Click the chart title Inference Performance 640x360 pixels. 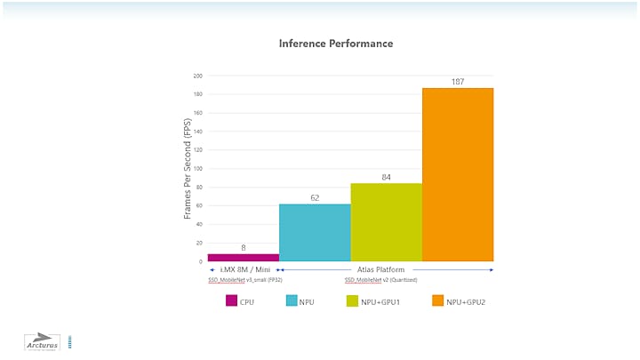tap(336, 44)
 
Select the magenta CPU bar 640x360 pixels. tap(243, 257)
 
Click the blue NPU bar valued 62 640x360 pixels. tap(315, 233)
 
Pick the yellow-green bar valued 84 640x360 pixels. tap(386, 222)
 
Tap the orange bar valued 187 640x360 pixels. tap(457, 174)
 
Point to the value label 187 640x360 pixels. tap(457, 81)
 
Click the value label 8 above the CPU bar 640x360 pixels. tap(243, 247)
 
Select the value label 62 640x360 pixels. tap(315, 197)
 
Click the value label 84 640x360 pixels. tap(386, 177)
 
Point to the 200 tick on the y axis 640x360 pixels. tap(197, 76)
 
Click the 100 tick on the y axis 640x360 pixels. tap(197, 168)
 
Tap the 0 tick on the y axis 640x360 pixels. tap(200, 261)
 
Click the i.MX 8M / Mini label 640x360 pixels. tap(245, 269)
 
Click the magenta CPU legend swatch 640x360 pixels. tap(232, 301)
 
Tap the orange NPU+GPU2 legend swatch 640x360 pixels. tap(436, 301)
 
